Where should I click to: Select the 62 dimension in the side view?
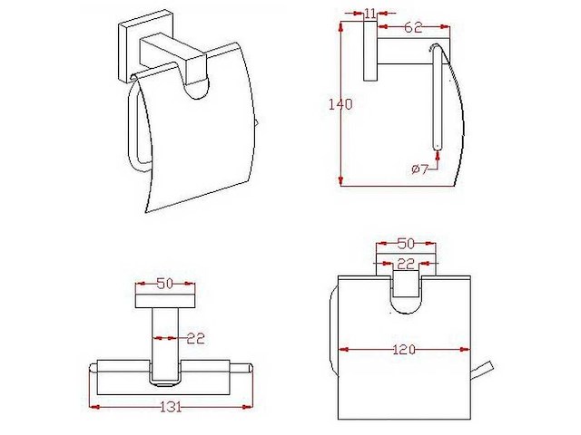tap(413, 27)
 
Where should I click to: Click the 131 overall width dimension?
tap(170, 406)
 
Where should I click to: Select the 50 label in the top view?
tap(164, 284)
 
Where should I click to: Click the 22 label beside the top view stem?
tap(195, 338)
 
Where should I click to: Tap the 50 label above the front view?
tap(406, 244)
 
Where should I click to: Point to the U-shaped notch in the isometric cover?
tap(199, 86)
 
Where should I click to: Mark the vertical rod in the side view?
tap(434, 100)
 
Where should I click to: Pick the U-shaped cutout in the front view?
tap(406, 294)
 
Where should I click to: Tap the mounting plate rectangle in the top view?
tap(164, 298)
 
